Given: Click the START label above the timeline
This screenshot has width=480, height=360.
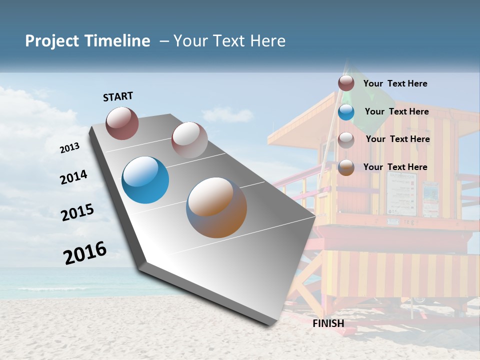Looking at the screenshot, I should pyautogui.click(x=118, y=96).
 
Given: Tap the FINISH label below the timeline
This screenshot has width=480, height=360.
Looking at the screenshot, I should pyautogui.click(x=328, y=323).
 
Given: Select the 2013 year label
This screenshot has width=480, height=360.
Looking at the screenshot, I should pyautogui.click(x=69, y=147).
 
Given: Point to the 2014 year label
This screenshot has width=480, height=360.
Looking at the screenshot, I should pyautogui.click(x=73, y=177).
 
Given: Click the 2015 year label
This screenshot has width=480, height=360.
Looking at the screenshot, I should pyautogui.click(x=77, y=212).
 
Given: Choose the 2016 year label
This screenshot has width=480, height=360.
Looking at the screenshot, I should pyautogui.click(x=85, y=252).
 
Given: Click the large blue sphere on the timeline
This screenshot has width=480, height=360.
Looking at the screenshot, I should pyautogui.click(x=145, y=180).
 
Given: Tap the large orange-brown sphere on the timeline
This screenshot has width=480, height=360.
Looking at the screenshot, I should pyautogui.click(x=216, y=207).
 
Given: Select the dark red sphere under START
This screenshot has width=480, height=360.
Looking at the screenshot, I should pyautogui.click(x=122, y=123).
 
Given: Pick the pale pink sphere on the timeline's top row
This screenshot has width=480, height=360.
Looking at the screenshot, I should pyautogui.click(x=189, y=140).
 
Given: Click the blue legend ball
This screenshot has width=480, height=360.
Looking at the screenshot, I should pyautogui.click(x=346, y=112).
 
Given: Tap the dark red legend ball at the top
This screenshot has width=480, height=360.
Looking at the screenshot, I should pyautogui.click(x=346, y=83).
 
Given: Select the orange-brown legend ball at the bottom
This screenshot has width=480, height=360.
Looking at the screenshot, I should pyautogui.click(x=346, y=167).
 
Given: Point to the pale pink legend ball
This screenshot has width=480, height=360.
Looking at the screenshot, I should pyautogui.click(x=346, y=140).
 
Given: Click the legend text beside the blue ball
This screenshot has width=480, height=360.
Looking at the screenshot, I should pyautogui.click(x=396, y=111).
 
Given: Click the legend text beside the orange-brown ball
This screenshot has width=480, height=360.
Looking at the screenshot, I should pyautogui.click(x=395, y=167).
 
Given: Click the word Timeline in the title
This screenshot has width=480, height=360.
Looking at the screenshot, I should pyautogui.click(x=117, y=41).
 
